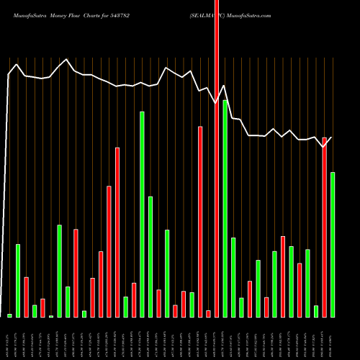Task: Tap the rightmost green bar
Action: pyautogui.click(x=333, y=245)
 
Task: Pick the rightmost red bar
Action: pyautogui.click(x=325, y=227)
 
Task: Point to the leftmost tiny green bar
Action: pyautogui.click(x=9, y=315)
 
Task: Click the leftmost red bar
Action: pyautogui.click(x=26, y=297)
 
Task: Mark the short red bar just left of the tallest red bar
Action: pyautogui.click(x=209, y=313)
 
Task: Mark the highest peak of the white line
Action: pyautogui.click(x=67, y=60)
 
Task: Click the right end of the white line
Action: pyautogui.click(x=333, y=137)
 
